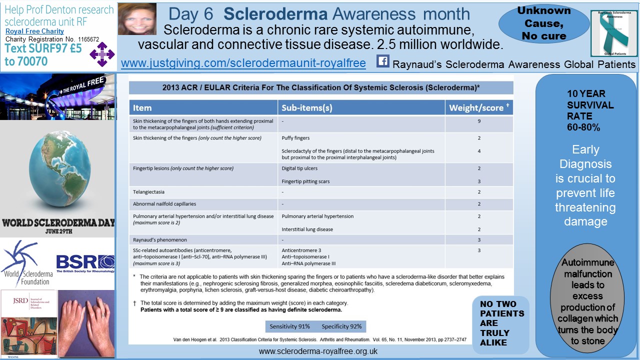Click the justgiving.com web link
(x=243, y=63)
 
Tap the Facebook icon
(x=382, y=61)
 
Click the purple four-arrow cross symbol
(x=102, y=54)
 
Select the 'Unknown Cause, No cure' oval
(x=536, y=23)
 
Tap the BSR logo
(x=85, y=262)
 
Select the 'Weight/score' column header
(x=479, y=107)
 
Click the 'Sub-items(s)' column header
(x=307, y=107)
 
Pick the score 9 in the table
(x=479, y=121)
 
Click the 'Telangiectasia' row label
(x=148, y=191)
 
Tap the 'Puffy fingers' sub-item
(x=295, y=138)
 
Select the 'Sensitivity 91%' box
(x=290, y=326)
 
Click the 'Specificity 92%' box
(x=341, y=326)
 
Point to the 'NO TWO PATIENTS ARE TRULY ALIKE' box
(x=501, y=323)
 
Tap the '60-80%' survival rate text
(x=583, y=127)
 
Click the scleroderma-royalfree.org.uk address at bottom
(x=318, y=351)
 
